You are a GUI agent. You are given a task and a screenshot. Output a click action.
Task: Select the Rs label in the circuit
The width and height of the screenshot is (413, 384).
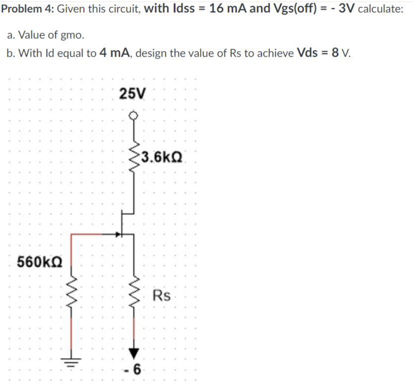(162, 295)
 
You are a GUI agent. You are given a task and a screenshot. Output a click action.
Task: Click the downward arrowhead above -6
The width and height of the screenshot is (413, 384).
(133, 353)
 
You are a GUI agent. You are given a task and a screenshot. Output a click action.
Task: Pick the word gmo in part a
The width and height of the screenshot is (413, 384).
(73, 35)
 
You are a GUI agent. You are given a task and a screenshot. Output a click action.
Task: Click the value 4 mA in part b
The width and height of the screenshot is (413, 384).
(115, 53)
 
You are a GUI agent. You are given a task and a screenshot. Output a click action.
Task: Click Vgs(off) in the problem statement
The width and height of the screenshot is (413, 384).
(293, 10)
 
